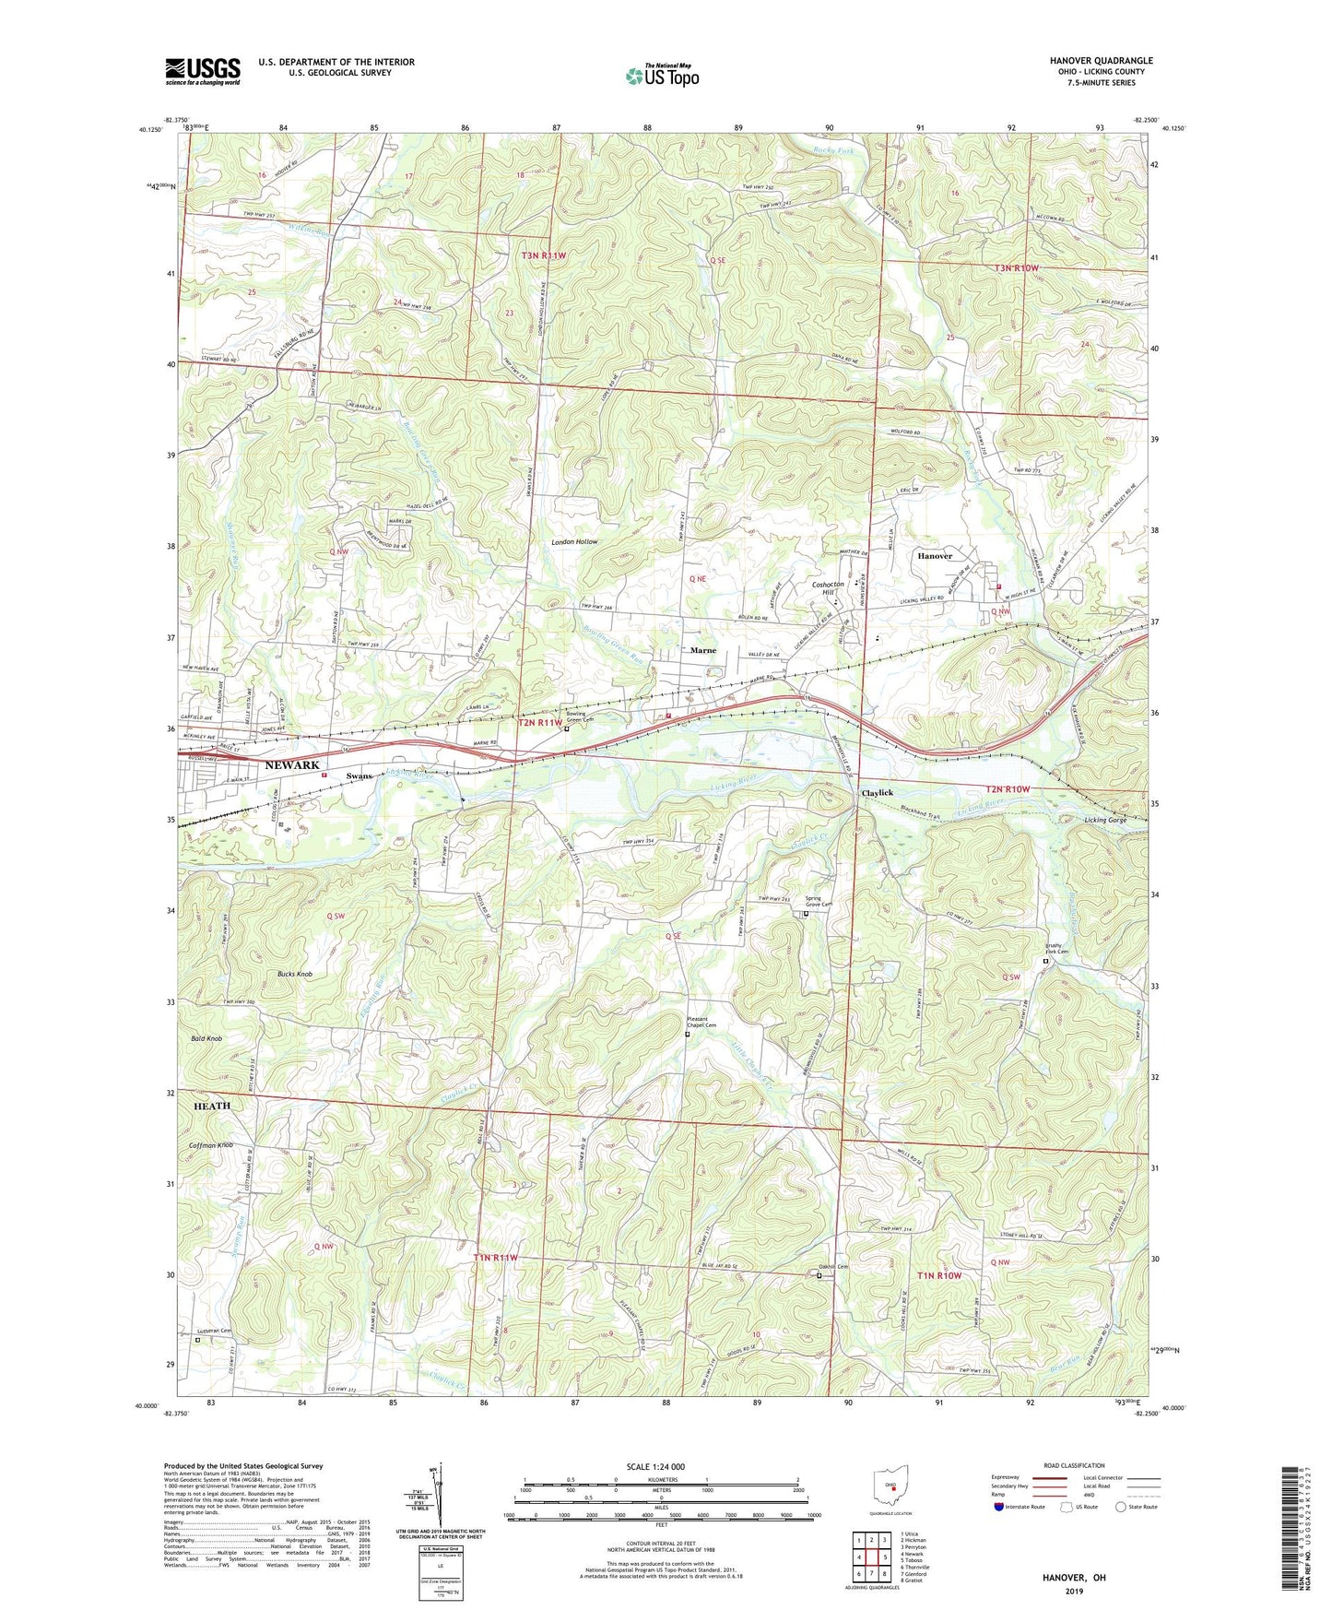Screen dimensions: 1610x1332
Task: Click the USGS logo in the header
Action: tap(203, 71)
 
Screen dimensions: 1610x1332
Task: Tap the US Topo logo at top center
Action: tap(662, 76)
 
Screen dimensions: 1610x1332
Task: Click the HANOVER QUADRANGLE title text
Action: tap(1101, 61)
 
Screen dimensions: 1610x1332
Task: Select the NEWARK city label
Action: tap(292, 765)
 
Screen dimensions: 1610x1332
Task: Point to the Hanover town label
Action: tap(935, 556)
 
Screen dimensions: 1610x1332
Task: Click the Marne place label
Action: tap(703, 650)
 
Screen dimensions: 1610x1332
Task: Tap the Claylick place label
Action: tap(878, 793)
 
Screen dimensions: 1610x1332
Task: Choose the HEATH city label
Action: tap(212, 1106)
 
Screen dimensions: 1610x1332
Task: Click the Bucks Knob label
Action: tap(295, 974)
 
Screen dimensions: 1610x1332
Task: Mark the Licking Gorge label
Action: tap(1105, 820)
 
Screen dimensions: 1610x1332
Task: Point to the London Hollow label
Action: tap(574, 542)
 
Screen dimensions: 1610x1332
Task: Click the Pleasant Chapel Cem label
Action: tap(702, 1022)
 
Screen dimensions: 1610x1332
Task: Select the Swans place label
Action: tap(360, 776)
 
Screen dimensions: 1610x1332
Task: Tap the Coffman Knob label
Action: tap(211, 1145)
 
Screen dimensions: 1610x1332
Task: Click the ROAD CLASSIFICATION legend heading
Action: tap(1074, 1465)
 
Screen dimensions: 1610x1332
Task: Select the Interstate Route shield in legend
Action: tap(1000, 1508)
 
